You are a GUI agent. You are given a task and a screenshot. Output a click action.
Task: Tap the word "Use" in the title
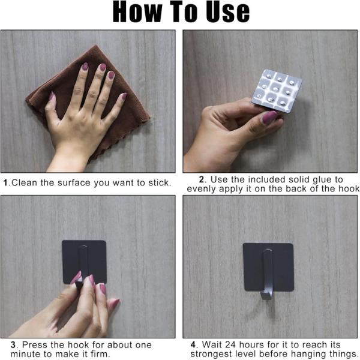pyautogui.click(x=228, y=12)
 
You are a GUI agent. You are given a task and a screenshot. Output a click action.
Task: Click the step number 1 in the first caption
pyautogui.click(x=6, y=183)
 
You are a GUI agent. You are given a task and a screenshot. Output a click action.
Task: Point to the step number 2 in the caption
pyautogui.click(x=202, y=179)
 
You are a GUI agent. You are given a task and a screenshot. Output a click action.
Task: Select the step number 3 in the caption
pyautogui.click(x=13, y=345)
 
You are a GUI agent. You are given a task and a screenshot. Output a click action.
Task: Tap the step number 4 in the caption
pyautogui.click(x=193, y=345)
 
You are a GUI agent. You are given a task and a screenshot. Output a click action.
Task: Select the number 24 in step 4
pyautogui.click(x=231, y=345)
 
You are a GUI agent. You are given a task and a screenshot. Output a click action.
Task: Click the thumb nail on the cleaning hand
pyautogui.click(x=52, y=96)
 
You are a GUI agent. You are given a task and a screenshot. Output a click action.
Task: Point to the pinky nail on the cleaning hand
pyautogui.click(x=124, y=96)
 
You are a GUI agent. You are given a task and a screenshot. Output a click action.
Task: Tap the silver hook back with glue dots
pyautogui.click(x=277, y=91)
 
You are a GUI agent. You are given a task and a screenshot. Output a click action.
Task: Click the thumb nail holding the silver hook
pyautogui.click(x=269, y=117)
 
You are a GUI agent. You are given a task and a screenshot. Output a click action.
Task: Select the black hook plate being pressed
pyautogui.click(x=84, y=262)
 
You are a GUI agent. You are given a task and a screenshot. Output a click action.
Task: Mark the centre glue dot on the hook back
pyautogui.click(x=276, y=89)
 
